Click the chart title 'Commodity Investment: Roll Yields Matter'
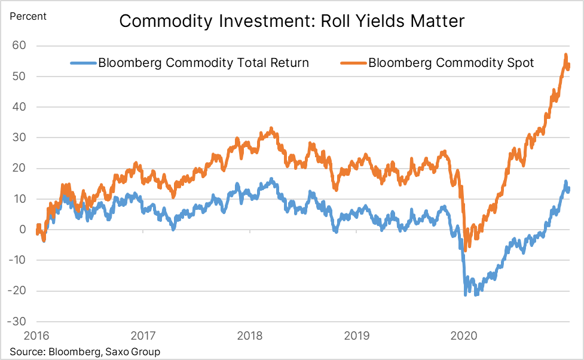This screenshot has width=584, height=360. click(292, 22)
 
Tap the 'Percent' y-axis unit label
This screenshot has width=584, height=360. click(27, 16)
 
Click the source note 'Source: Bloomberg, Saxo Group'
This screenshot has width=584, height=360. click(85, 352)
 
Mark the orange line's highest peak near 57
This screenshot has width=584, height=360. click(565, 55)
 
